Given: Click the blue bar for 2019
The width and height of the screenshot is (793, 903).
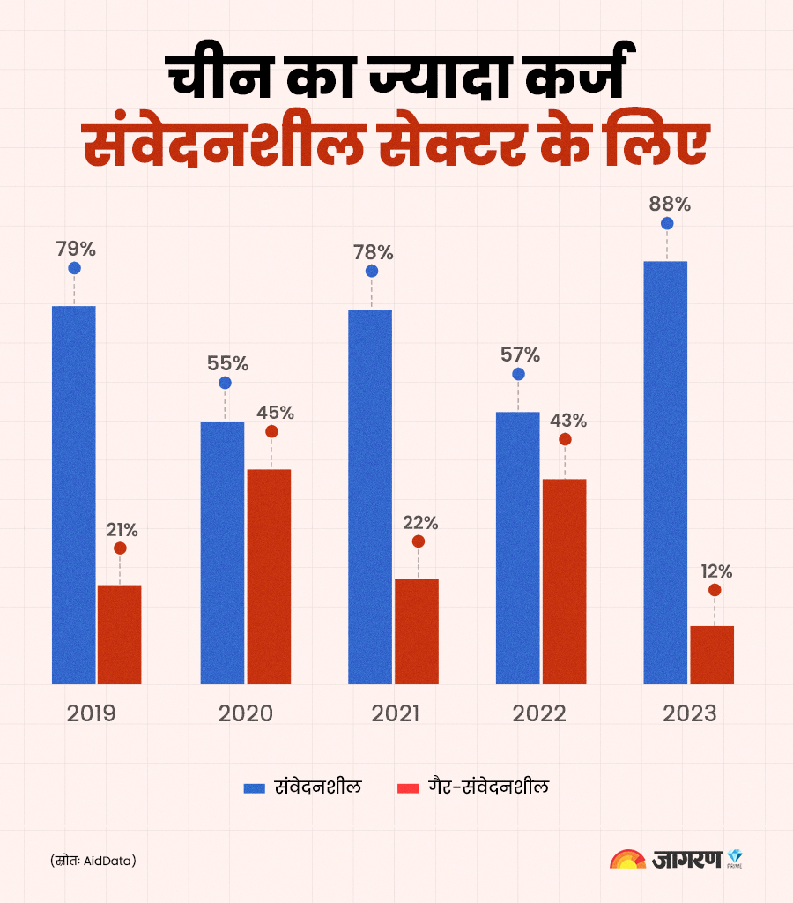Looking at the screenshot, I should (x=74, y=494).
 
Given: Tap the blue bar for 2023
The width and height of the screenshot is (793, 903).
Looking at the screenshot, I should (x=665, y=472).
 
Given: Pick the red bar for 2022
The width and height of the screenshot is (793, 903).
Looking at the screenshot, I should (x=564, y=581).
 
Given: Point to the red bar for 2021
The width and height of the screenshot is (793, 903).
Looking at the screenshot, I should (x=417, y=631).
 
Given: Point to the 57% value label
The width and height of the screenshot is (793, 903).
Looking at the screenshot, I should (x=520, y=355).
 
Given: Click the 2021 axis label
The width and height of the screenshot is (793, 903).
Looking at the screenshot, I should (x=395, y=713).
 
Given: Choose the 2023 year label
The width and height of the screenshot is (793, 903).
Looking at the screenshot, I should (x=692, y=713).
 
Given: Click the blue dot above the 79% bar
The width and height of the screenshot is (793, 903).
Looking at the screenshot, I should (x=74, y=268).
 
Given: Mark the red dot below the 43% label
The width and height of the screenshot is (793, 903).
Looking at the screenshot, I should (x=565, y=439).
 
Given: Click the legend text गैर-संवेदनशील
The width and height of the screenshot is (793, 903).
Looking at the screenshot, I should (x=488, y=787).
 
